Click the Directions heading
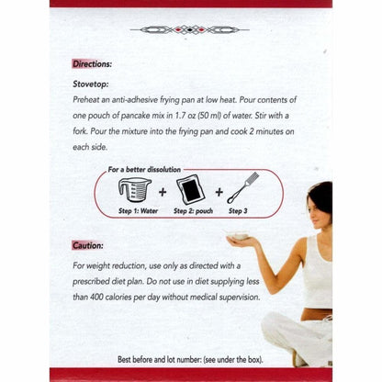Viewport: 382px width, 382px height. (92, 64)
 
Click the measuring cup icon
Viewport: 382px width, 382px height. (134, 190)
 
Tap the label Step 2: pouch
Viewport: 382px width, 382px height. (194, 211)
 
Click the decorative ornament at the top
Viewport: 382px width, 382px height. (191, 29)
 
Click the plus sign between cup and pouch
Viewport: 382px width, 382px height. (163, 193)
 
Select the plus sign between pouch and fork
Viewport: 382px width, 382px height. (220, 193)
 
